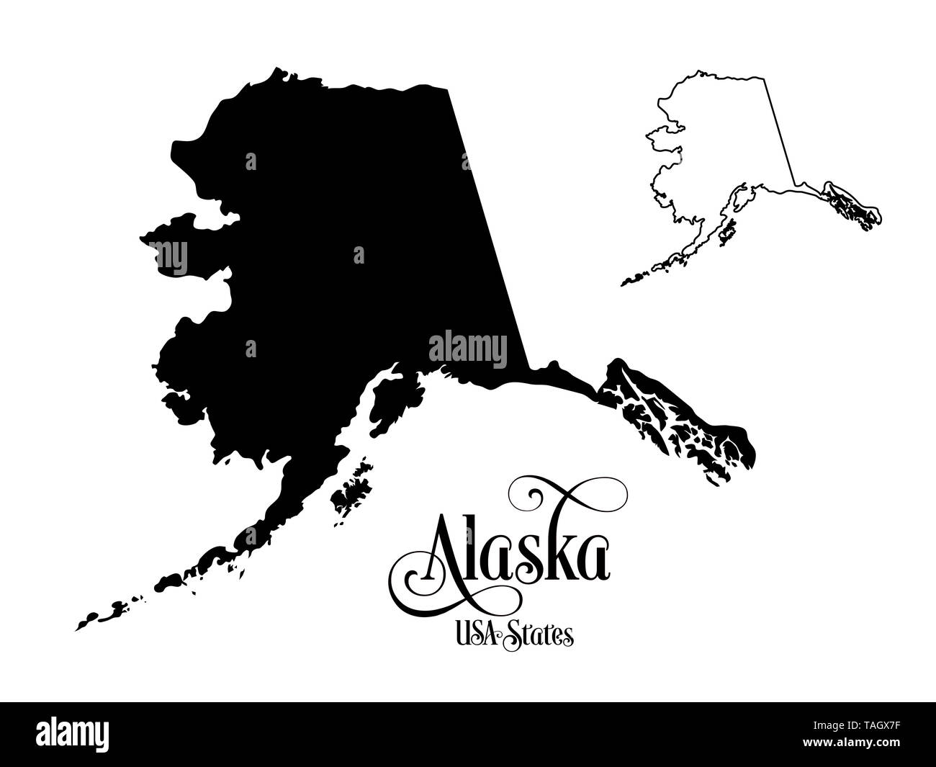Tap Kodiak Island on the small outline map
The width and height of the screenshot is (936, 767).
click(727, 231)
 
